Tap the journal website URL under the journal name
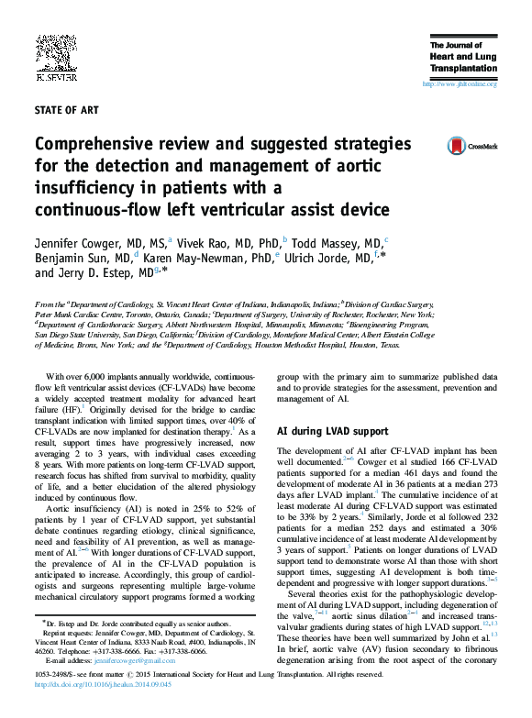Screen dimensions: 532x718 tap(460, 84)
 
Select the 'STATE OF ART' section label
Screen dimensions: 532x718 tap(66, 110)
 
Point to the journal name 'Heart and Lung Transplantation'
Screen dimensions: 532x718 tap(463, 61)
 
